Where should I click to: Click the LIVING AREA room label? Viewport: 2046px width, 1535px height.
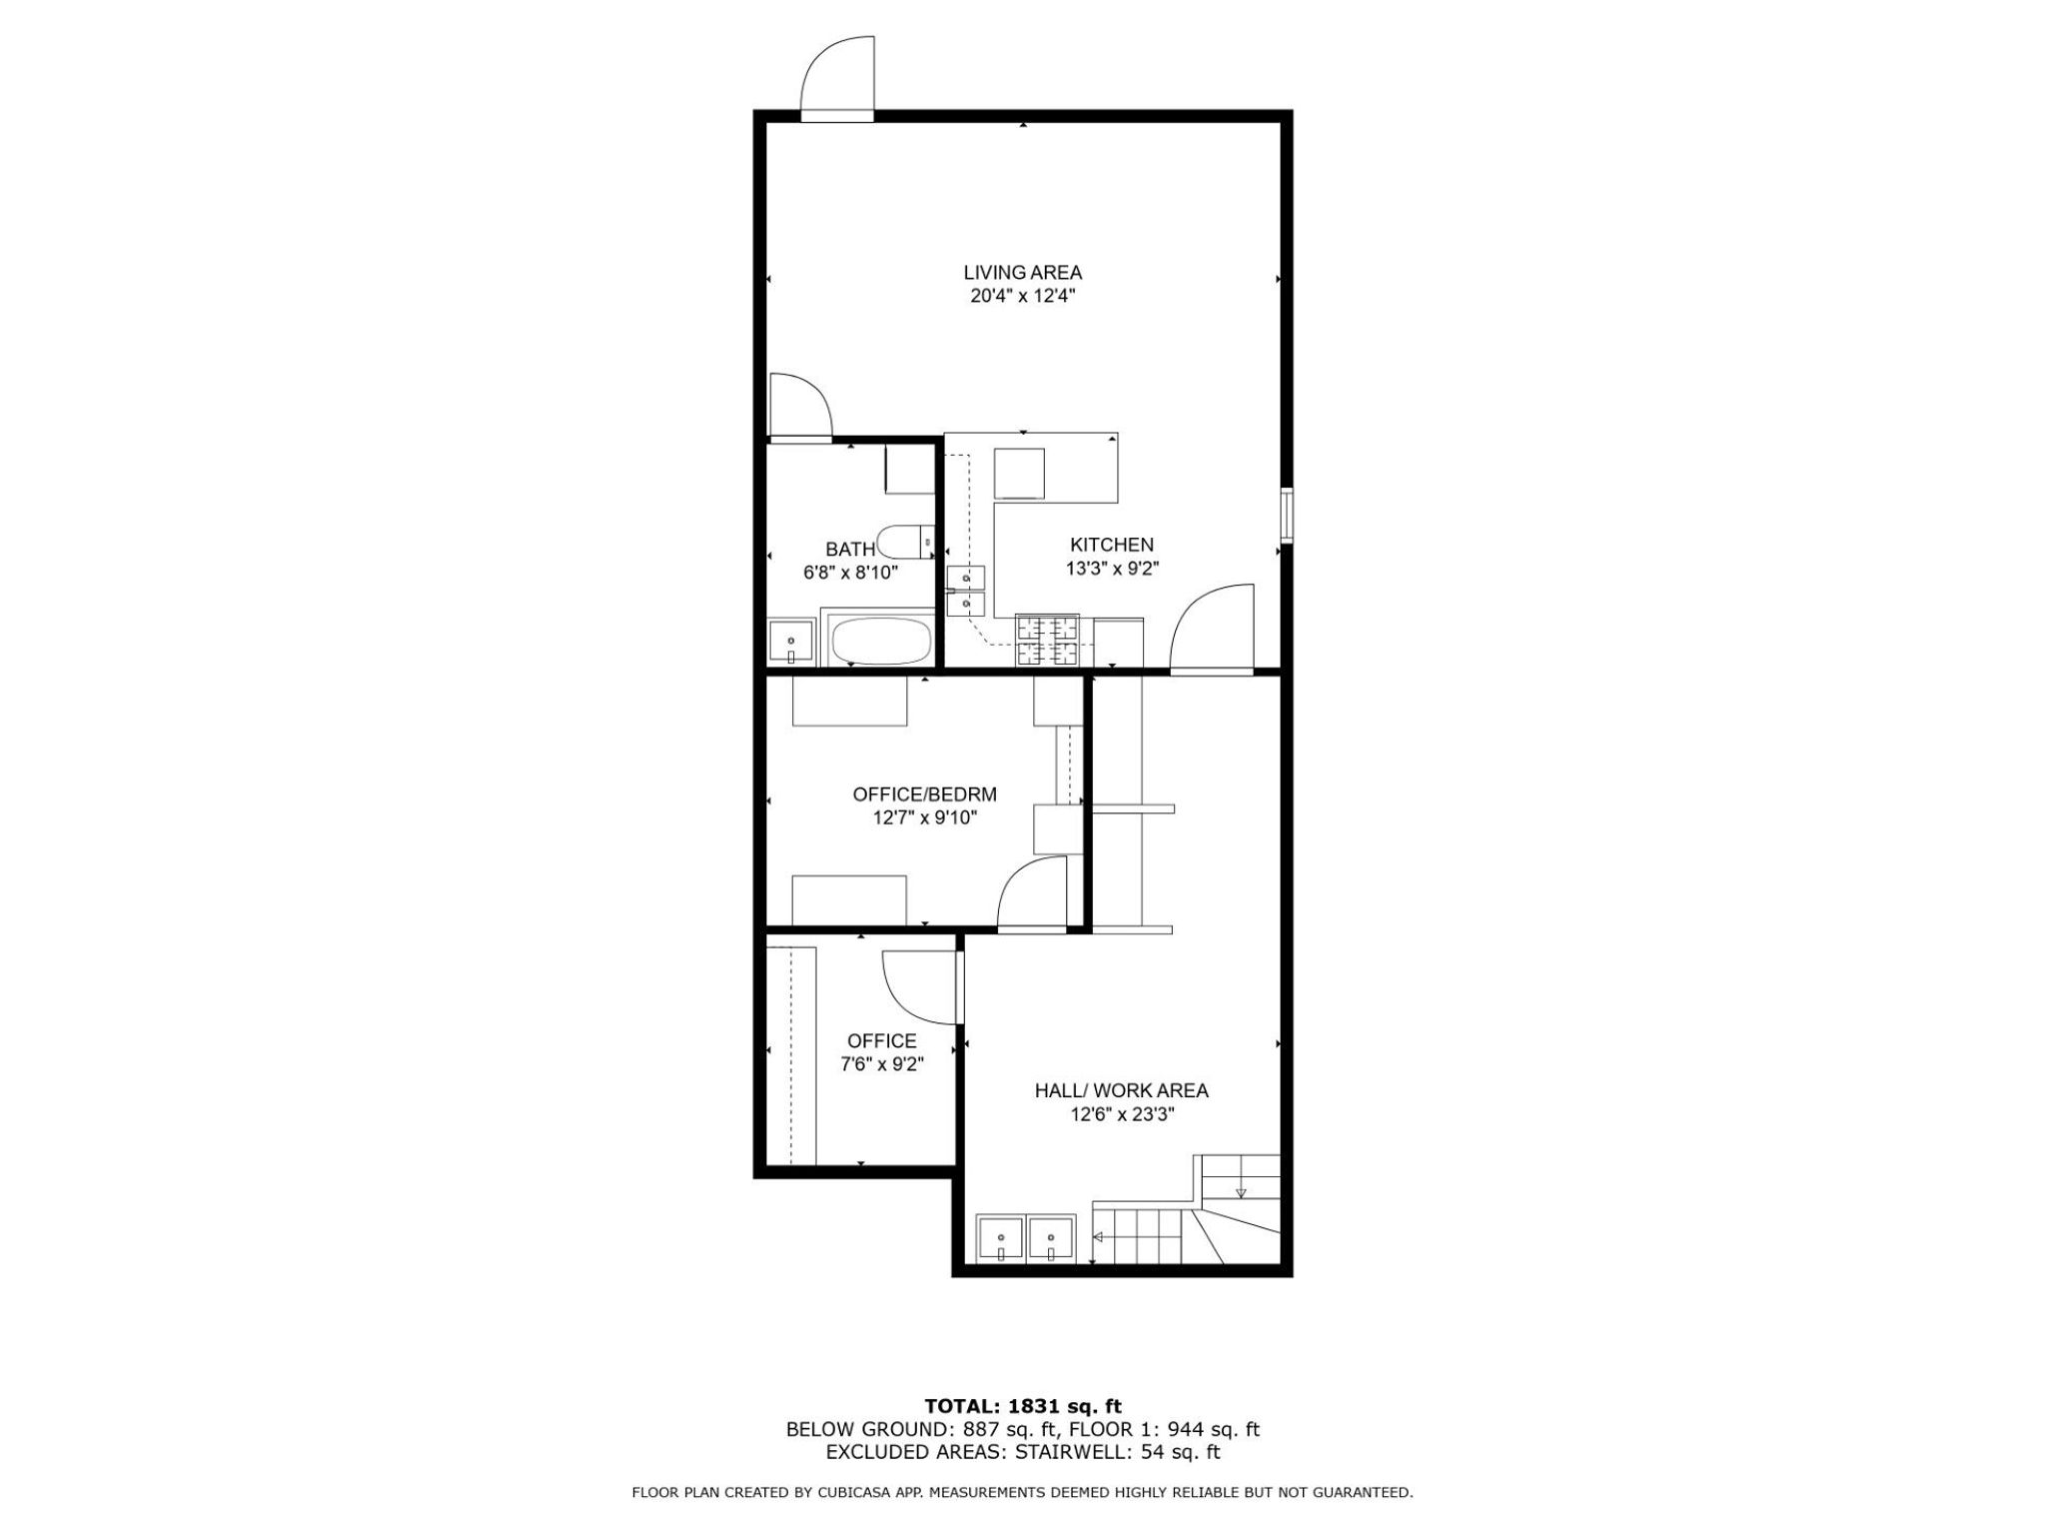point(1022,272)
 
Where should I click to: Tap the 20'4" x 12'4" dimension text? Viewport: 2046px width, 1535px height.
point(1022,296)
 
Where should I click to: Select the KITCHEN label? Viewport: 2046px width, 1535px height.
point(1111,545)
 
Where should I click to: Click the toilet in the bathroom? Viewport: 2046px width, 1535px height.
point(903,542)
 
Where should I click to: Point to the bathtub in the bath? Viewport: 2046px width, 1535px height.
point(880,641)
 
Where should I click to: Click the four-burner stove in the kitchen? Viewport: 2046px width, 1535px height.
point(1047,640)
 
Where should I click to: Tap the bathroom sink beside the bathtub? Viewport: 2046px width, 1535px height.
point(791,642)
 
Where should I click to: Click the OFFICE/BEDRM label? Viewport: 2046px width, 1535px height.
point(924,794)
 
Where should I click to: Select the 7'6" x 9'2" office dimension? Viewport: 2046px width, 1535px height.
point(881,1065)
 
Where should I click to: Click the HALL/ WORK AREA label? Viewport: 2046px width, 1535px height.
point(1121,1090)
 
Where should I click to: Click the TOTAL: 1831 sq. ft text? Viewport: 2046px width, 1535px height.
point(1022,1407)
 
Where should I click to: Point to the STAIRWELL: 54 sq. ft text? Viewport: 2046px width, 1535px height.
point(1118,1452)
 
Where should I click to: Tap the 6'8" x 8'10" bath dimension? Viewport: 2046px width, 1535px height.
point(850,573)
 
